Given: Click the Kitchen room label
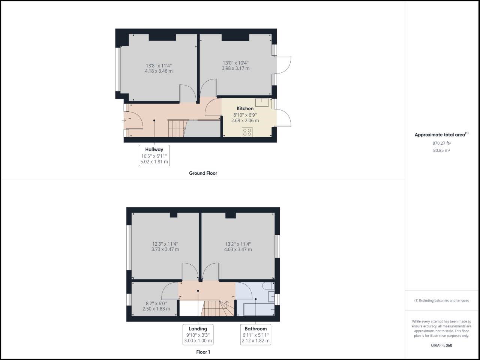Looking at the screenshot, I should tap(245, 109).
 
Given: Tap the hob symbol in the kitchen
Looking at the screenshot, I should tap(247, 132).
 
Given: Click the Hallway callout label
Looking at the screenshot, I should tap(154, 150).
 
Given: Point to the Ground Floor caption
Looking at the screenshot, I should tap(202, 173).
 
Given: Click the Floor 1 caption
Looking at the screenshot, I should tap(203, 352).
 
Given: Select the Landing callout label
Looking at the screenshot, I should tap(198, 329).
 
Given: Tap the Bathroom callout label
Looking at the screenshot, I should tap(255, 329).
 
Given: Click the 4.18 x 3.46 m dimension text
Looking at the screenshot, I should tap(159, 71).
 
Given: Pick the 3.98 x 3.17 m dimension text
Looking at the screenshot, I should tap(235, 69).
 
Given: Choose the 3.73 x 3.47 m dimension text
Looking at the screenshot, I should tap(165, 249).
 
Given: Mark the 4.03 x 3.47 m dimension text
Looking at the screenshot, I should tap(238, 249).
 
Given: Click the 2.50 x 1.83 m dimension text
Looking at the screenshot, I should tap(156, 309).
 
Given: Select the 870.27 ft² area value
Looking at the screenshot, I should tap(441, 143).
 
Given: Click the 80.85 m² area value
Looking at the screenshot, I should tap(441, 151).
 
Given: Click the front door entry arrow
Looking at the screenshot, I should tap(124, 120).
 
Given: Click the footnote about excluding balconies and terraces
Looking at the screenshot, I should tap(441, 301).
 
